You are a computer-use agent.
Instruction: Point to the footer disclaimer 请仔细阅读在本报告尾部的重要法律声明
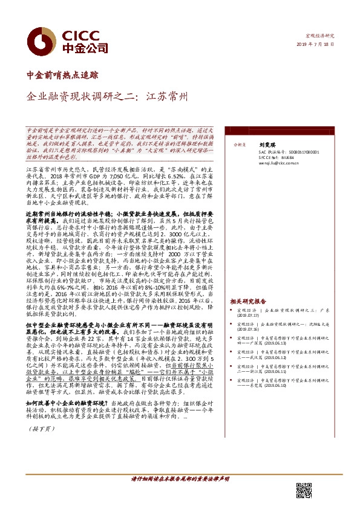pyautogui.click(x=180, y=479)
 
